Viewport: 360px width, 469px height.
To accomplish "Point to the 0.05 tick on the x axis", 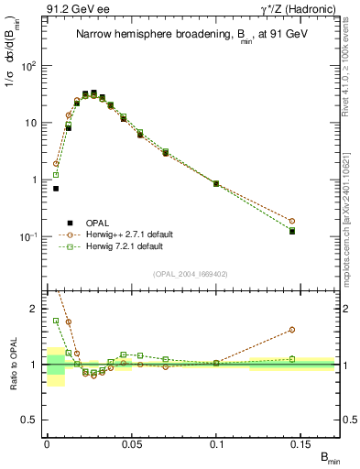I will [133, 443].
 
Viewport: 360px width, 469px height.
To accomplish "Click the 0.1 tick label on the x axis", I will [218, 443].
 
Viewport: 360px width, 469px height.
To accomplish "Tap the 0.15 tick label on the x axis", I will [302, 443].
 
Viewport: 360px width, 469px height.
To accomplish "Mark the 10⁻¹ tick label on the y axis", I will [27, 236].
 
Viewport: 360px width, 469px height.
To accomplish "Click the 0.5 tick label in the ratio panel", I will [28, 420].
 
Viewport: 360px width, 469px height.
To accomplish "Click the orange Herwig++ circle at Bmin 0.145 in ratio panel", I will [292, 330].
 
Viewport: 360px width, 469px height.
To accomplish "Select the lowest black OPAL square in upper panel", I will [292, 232].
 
